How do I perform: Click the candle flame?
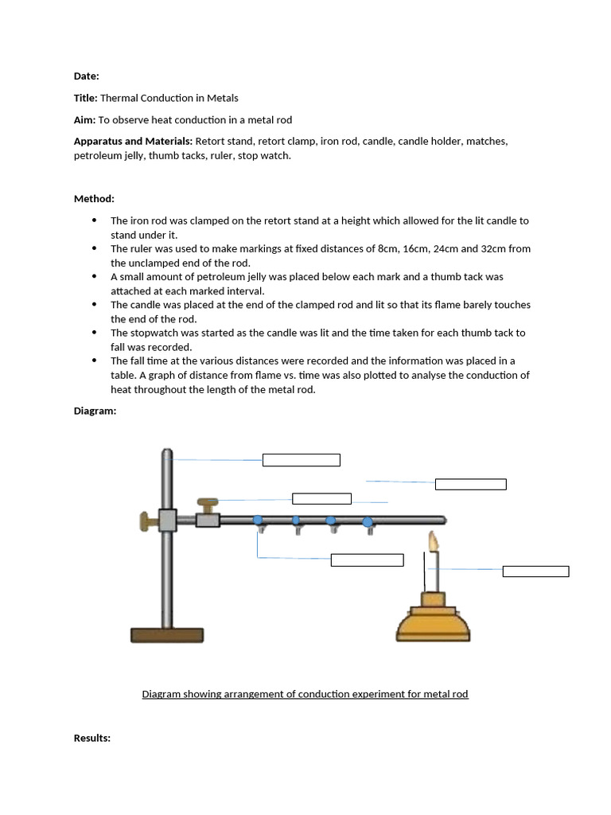(434, 542)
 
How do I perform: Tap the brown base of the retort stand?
(167, 634)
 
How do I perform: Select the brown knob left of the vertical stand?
(148, 521)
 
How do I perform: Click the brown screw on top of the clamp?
(208, 504)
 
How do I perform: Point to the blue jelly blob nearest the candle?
(367, 522)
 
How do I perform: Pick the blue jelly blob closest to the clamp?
(258, 521)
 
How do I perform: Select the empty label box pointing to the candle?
(535, 571)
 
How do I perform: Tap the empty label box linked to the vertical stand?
(301, 460)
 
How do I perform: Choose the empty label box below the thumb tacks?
(367, 560)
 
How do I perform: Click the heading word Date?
(86, 76)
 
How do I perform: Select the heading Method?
(94, 198)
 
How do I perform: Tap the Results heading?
(91, 739)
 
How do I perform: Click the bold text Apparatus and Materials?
(133, 141)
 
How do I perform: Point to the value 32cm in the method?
(495, 248)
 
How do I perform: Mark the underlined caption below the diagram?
(305, 694)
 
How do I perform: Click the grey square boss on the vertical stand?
(167, 521)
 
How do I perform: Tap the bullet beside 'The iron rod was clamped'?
(95, 220)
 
